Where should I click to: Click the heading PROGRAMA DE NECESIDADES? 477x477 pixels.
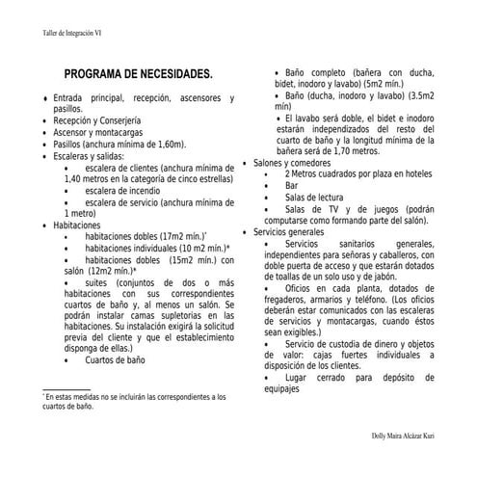(x=138, y=74)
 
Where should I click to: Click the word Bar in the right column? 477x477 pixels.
(x=291, y=185)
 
